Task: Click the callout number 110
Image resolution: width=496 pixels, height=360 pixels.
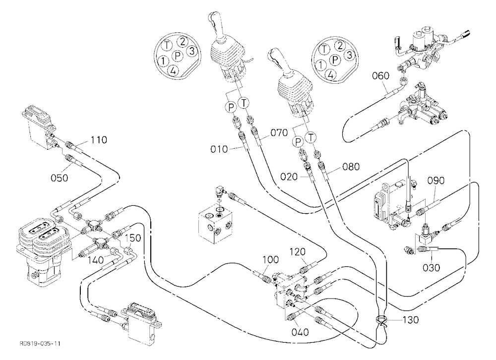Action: [x=99, y=139]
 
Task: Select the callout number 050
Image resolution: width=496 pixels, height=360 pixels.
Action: [x=60, y=178]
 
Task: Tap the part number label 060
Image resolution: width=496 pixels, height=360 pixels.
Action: [x=381, y=75]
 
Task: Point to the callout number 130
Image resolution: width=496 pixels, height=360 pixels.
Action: [x=411, y=320]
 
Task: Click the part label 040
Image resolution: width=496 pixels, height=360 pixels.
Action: [x=300, y=332]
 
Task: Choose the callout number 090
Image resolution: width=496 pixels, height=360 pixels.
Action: [x=436, y=180]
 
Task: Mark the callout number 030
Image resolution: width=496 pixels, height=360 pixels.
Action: [x=432, y=268]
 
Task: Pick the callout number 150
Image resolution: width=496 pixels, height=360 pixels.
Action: [x=133, y=238]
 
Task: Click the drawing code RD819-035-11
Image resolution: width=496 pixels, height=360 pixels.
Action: [x=40, y=344]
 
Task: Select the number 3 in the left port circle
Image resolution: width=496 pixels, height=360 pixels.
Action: [x=191, y=51]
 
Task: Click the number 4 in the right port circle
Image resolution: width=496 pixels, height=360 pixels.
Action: [x=330, y=75]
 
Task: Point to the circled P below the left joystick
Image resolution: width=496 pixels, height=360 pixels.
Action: [x=231, y=108]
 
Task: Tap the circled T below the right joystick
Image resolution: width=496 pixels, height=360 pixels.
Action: [x=311, y=138]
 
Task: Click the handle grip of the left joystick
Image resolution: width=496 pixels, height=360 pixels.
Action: [x=218, y=24]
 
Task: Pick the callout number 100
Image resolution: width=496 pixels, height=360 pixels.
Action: [x=270, y=260]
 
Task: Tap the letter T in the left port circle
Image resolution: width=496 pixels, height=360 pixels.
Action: [x=167, y=45]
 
